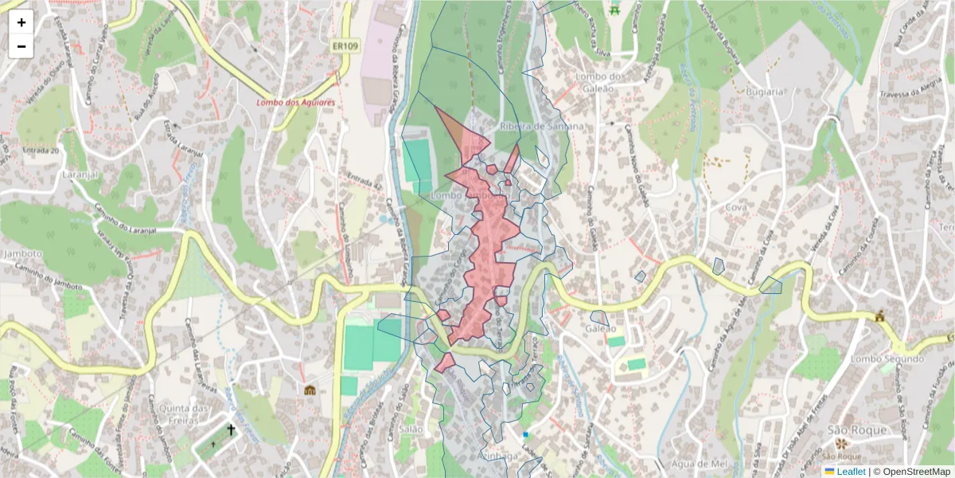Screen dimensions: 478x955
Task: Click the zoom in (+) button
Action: tap(21, 22)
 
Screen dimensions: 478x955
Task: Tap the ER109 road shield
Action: tap(345, 47)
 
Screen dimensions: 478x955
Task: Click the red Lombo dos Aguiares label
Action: tap(295, 103)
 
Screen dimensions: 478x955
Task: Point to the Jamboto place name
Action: tap(22, 253)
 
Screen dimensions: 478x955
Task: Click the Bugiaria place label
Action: tap(766, 92)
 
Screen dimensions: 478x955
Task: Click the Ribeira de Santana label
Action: tap(542, 126)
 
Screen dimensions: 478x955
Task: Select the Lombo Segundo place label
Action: tap(887, 358)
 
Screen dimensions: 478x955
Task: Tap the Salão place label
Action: tap(411, 428)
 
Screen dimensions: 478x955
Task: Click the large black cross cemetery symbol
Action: tap(232, 430)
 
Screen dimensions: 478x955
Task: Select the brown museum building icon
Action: tap(310, 390)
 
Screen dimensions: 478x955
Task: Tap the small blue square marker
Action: tap(526, 434)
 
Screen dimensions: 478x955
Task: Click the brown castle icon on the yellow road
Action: tap(879, 316)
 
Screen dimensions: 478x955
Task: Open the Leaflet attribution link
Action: tap(851, 472)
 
